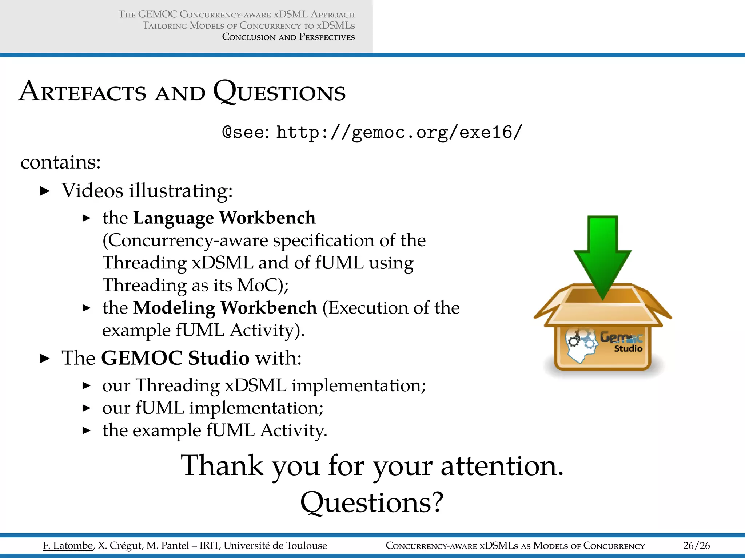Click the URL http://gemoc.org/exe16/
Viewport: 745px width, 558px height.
(x=399, y=132)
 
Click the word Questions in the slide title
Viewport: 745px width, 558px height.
(x=279, y=92)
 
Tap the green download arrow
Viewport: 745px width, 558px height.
(x=602, y=254)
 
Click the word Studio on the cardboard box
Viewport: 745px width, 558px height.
(x=628, y=349)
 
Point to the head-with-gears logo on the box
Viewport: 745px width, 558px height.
(x=581, y=345)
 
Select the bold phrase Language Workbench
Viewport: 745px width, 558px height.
(x=224, y=218)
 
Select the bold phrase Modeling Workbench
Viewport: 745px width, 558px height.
(x=225, y=308)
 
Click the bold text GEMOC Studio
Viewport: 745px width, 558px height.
(x=175, y=358)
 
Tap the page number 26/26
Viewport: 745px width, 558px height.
(x=696, y=546)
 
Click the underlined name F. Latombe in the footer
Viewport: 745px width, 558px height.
(x=68, y=546)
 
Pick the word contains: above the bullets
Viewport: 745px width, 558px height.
(x=60, y=162)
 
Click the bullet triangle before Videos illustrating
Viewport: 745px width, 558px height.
(x=44, y=191)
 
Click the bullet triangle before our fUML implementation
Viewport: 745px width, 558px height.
(x=86, y=408)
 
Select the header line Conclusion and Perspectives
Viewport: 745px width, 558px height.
(x=288, y=37)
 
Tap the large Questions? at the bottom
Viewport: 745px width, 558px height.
(x=372, y=503)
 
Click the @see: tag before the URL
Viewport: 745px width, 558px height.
(x=245, y=132)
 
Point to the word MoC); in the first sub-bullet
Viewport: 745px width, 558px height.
(x=263, y=286)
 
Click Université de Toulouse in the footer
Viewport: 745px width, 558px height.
(x=275, y=546)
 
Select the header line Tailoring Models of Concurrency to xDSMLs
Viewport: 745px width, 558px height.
(x=248, y=26)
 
